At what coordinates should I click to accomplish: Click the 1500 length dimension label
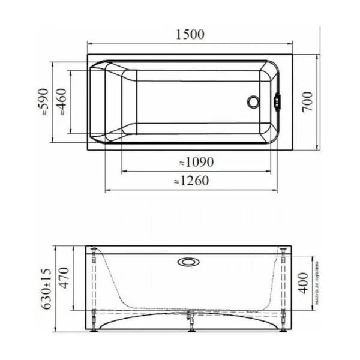point(190,34)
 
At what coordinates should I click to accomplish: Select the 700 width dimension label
point(307,103)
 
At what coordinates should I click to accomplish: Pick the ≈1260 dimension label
point(191,181)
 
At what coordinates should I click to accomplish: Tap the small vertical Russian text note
point(317,284)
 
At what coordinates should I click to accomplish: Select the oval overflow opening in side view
point(190,261)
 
